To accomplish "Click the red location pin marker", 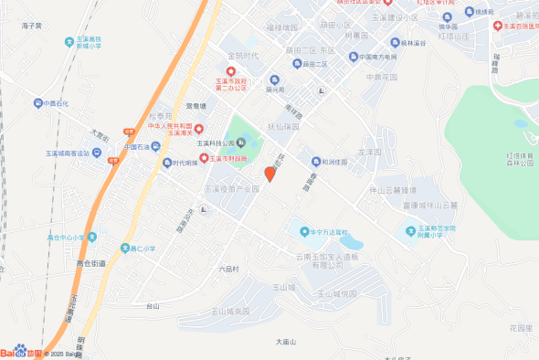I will point(269,174).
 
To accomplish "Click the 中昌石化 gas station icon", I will point(36,103).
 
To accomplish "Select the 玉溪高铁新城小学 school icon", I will point(69,40).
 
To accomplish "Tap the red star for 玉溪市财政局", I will point(204,158).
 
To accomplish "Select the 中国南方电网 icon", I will point(354,57).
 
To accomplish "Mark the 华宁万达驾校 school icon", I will point(293,231).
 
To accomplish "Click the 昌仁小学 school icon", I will point(124,247).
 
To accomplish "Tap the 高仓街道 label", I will point(91,263).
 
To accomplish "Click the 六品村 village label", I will point(228,269).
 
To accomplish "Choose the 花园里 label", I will point(521,327).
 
